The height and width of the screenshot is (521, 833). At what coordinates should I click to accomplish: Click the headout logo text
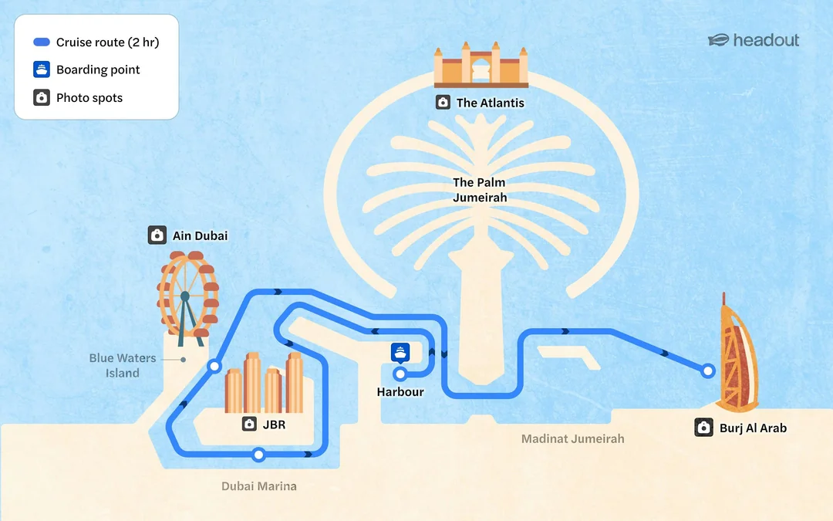(766, 40)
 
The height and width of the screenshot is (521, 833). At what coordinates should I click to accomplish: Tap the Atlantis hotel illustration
(481, 64)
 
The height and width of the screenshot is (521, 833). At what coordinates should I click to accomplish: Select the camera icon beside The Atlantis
(443, 102)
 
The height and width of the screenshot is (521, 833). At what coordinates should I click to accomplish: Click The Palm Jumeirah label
(479, 190)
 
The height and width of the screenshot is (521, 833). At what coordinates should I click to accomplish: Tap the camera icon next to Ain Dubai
(157, 235)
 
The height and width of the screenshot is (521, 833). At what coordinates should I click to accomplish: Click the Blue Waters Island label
(122, 365)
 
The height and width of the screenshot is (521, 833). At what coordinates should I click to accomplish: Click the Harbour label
(400, 392)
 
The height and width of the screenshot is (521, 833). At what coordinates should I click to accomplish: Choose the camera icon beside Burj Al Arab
(704, 428)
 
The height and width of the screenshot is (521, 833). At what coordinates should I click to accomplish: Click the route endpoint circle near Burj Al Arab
(707, 370)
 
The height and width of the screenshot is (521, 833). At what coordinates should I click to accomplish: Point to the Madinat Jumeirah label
(572, 438)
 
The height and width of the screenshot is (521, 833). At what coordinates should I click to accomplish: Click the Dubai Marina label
(258, 486)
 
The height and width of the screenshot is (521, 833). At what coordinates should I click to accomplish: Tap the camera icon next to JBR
(249, 424)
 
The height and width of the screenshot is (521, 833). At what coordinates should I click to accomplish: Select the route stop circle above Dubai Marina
(258, 455)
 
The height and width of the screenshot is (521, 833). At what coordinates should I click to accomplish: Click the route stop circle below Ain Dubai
(214, 366)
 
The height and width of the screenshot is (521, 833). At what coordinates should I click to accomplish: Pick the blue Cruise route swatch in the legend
(42, 42)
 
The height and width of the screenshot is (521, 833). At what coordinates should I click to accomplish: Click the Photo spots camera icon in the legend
(42, 97)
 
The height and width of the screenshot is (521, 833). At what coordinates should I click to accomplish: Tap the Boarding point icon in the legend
(42, 69)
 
